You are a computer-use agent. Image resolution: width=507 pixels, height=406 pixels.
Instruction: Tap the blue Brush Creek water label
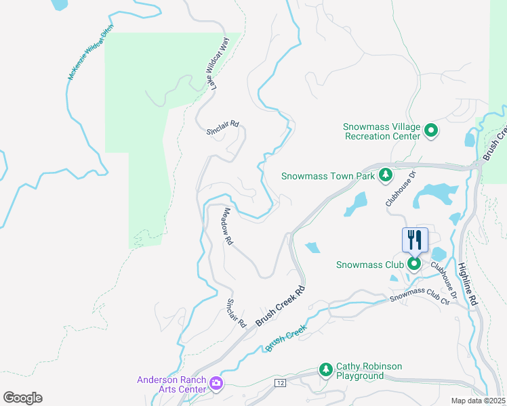coord(287,338)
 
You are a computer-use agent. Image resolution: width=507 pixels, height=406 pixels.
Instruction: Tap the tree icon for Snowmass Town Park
coord(385,176)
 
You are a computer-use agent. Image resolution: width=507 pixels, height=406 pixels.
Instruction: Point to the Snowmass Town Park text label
coord(328,177)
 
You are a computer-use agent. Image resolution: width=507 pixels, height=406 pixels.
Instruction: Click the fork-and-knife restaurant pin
coord(415,240)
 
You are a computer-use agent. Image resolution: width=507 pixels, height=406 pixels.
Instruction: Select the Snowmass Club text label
coord(370,265)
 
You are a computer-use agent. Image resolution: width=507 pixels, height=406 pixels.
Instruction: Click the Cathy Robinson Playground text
coord(369,371)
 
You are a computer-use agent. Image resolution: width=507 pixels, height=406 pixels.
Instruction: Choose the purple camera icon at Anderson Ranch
coord(216,384)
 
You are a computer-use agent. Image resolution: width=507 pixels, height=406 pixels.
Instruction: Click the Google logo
coord(22,398)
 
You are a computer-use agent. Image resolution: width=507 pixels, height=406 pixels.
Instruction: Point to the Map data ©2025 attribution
coord(477,401)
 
